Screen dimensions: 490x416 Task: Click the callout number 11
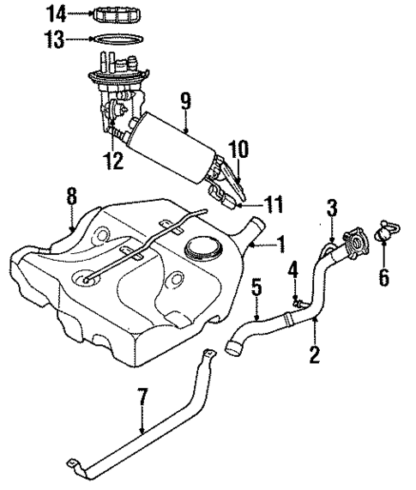pos(273,205)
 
